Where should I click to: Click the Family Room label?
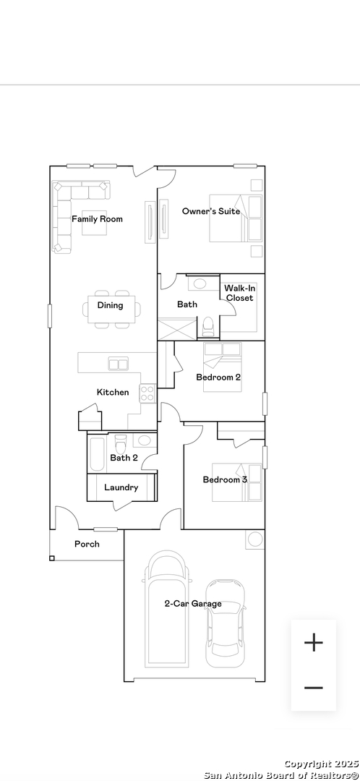coord(97,219)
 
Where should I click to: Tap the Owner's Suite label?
coord(211,211)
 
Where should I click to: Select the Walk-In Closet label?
coord(239,293)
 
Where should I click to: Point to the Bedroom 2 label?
coord(218,377)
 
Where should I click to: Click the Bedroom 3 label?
coord(225,479)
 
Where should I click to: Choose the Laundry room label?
coord(121,487)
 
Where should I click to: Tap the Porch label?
coord(87,544)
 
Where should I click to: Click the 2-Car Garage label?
coord(193,604)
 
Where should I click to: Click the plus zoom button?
coord(314,643)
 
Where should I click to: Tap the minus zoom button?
coord(314,688)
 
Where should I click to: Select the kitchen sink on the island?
coord(119,364)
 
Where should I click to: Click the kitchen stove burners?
coord(147,393)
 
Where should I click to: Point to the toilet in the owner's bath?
coord(207,326)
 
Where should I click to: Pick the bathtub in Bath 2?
coord(97,454)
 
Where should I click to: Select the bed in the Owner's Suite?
coord(236,218)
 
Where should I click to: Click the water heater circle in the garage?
coord(255,539)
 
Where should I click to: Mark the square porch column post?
coord(52,558)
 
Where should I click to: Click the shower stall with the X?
coord(177,329)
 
